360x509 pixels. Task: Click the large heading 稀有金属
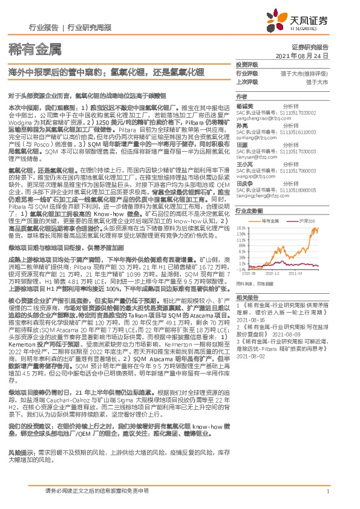[x=27, y=48]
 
